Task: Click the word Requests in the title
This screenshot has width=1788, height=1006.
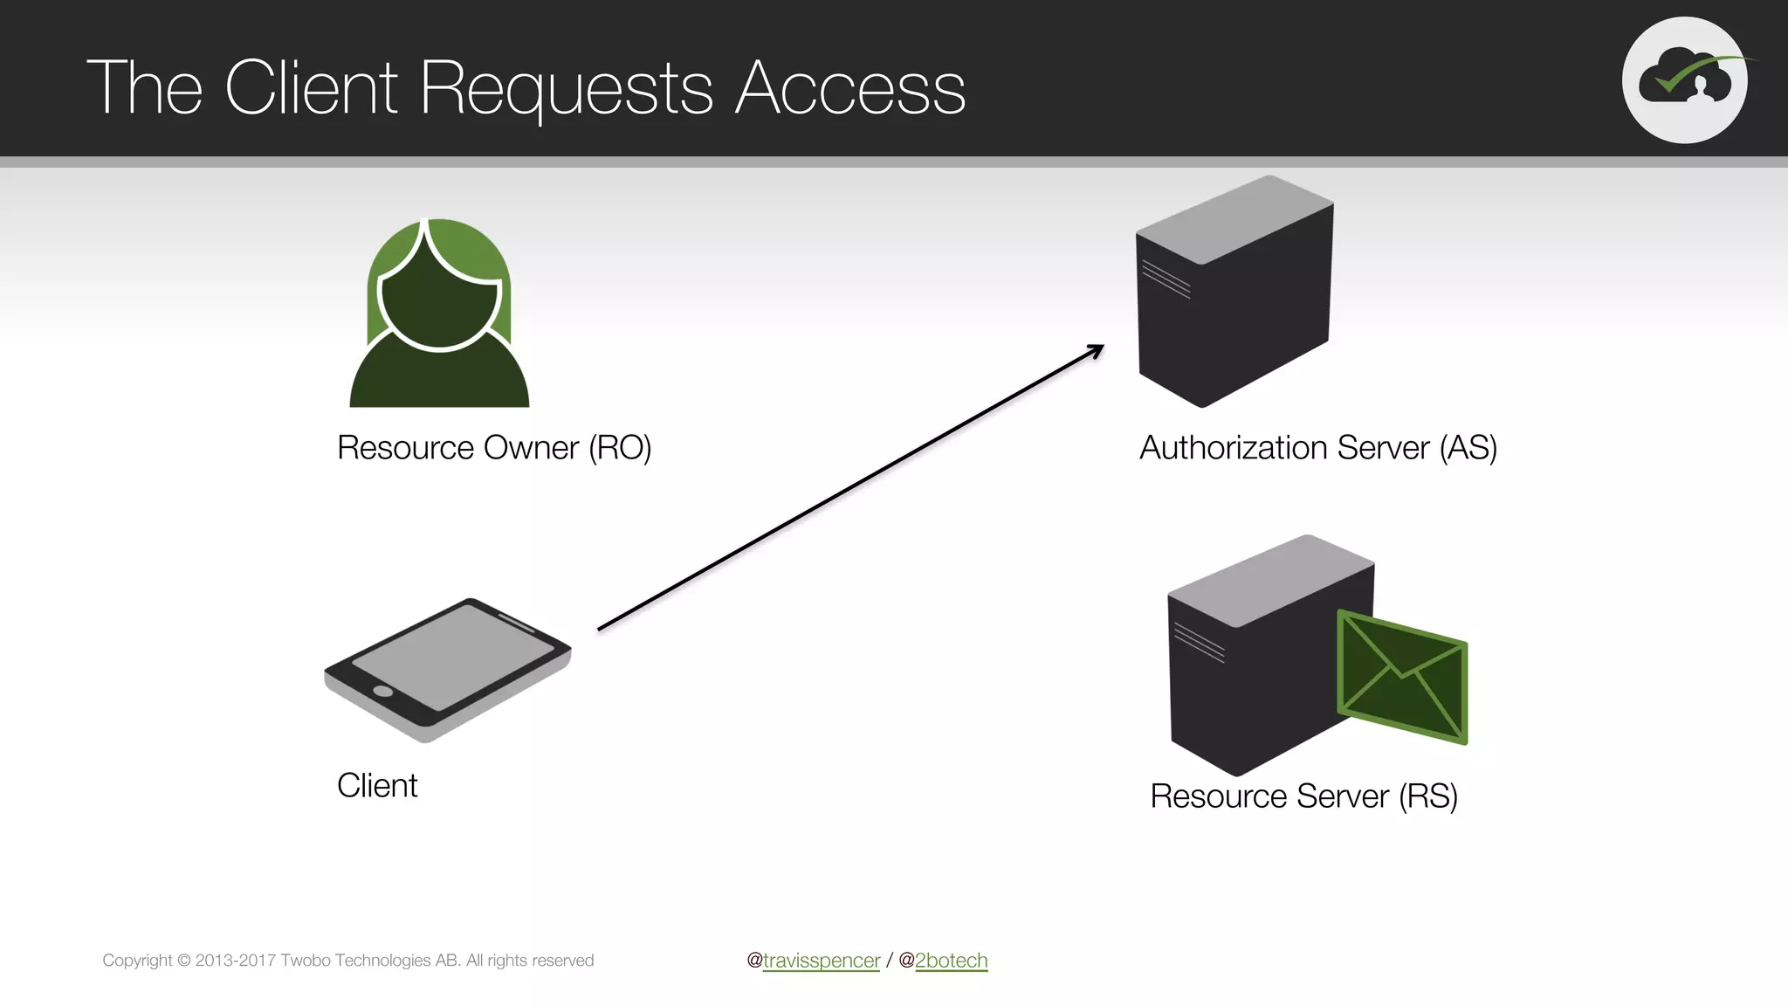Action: (567, 88)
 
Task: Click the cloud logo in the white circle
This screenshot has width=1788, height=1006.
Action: (1684, 79)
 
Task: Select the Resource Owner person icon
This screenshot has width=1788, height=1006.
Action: (439, 314)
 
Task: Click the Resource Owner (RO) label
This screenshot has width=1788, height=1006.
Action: (494, 448)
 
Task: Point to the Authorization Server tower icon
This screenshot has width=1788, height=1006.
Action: (1234, 293)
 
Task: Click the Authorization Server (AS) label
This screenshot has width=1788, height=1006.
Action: (1318, 448)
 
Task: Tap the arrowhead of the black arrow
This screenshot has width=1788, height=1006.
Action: (1097, 349)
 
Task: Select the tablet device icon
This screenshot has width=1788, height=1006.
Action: (447, 670)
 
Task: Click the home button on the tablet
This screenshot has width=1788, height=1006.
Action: (382, 692)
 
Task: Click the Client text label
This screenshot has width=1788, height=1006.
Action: (377, 786)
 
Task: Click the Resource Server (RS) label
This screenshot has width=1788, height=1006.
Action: (1303, 796)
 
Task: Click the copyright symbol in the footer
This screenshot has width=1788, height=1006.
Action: (183, 961)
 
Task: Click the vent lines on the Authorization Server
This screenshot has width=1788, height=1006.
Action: (1166, 279)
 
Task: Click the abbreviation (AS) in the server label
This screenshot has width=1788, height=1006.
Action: (1468, 448)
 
